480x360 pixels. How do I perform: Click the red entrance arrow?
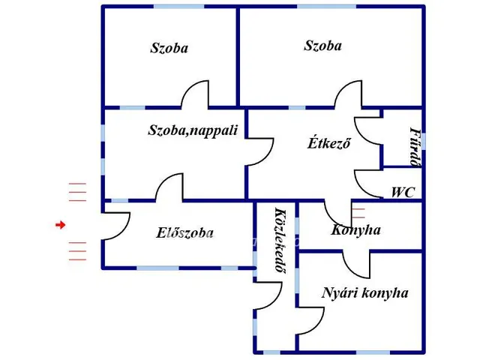(61, 224)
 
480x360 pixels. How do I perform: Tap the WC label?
(402, 193)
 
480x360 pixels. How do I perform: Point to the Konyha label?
(355, 229)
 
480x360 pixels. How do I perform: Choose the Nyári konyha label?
(364, 292)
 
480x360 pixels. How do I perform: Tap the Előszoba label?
(184, 233)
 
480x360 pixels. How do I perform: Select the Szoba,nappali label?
(193, 130)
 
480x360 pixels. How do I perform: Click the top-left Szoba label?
(169, 49)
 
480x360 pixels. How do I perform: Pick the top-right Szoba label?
(322, 46)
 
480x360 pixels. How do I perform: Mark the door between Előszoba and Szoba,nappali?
(169, 187)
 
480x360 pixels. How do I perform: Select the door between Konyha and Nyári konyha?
(357, 262)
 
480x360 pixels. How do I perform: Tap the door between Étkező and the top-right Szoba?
(349, 96)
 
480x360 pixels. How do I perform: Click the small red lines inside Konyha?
(358, 213)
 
